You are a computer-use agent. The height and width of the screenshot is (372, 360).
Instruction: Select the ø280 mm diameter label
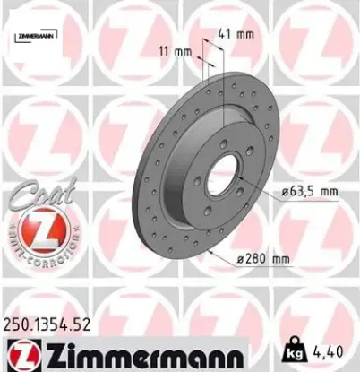[265, 260]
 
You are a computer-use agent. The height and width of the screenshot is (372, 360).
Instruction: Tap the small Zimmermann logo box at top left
[36, 35]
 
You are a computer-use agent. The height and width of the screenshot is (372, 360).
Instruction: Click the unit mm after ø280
[282, 260]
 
